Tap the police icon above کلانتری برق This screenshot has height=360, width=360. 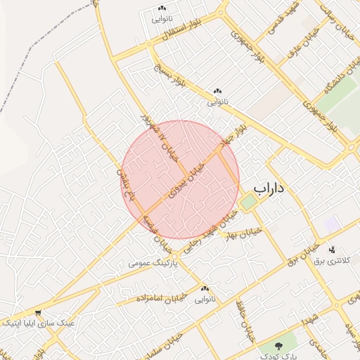click(332, 250)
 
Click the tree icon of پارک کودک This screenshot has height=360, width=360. click(281, 346)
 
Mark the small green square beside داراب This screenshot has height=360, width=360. click(248, 202)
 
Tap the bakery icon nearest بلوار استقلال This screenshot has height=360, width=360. click(161, 11)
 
